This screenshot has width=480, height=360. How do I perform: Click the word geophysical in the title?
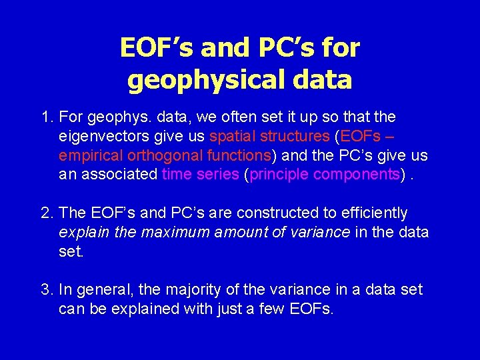click(x=203, y=81)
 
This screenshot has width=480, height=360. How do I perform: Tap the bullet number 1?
click(x=45, y=117)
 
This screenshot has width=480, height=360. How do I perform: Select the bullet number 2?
click(x=45, y=213)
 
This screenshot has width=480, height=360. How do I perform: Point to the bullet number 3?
click(x=45, y=290)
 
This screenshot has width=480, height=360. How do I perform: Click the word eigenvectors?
click(x=99, y=137)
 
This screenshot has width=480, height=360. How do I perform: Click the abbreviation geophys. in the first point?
click(x=129, y=118)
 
